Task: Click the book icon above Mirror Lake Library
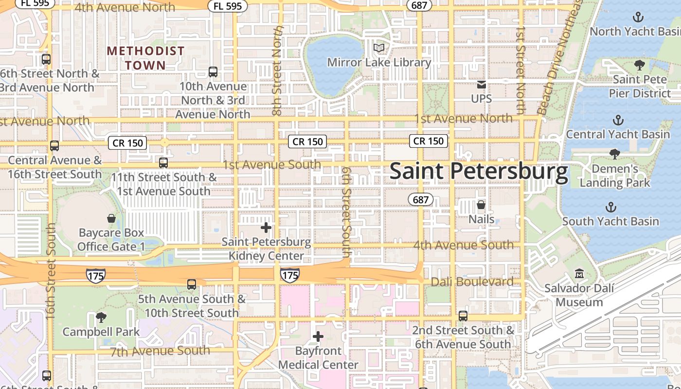[379, 48]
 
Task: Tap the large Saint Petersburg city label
[479, 172]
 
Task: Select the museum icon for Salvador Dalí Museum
[579, 274]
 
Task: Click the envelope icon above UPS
[482, 85]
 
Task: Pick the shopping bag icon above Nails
[481, 205]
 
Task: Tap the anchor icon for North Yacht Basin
[637, 18]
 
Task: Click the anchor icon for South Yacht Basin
[610, 207]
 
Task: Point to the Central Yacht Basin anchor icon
[618, 120]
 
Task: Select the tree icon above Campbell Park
[101, 318]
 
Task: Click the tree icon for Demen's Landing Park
[615, 154]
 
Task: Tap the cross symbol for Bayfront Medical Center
[318, 336]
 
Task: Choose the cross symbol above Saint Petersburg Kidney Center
[266, 227]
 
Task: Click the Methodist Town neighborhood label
[145, 58]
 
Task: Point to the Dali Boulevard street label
[472, 282]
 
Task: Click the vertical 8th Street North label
[278, 71]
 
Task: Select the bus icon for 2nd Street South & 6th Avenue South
[463, 316]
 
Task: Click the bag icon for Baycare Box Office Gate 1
[111, 218]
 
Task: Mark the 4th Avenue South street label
[463, 245]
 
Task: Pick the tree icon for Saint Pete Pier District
[640, 65]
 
